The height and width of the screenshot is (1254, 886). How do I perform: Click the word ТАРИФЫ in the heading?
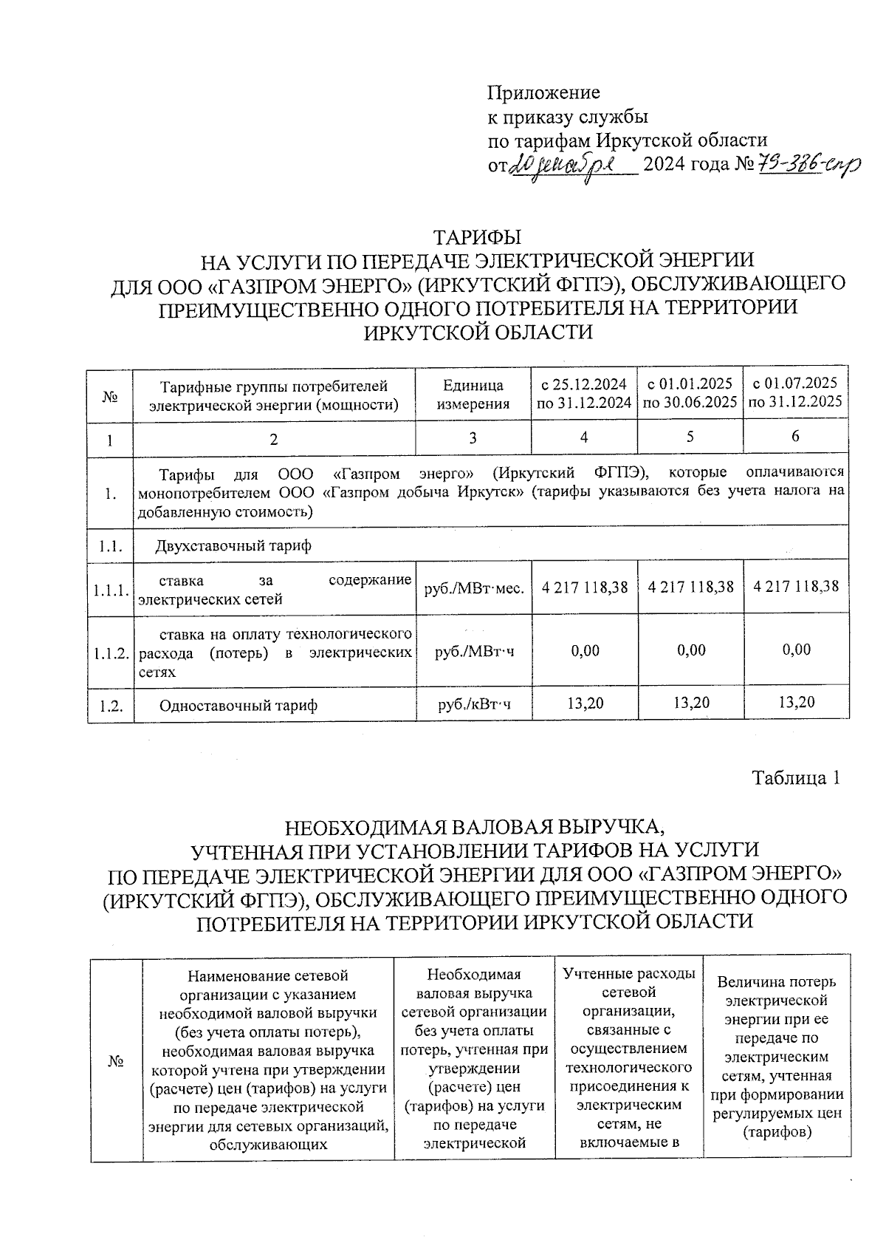click(476, 238)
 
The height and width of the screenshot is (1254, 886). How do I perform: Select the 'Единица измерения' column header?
click(473, 395)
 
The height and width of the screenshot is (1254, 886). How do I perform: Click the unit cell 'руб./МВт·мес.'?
click(473, 589)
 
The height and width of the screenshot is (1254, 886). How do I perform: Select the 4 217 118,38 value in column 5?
click(690, 587)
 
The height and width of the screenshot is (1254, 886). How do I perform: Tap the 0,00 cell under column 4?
click(584, 650)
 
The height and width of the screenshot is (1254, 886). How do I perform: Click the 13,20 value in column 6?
click(796, 703)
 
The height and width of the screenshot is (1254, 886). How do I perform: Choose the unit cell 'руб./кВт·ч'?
click(473, 706)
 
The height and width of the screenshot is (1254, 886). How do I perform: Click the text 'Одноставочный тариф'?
click(238, 706)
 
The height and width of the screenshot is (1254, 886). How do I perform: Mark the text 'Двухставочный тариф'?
click(233, 546)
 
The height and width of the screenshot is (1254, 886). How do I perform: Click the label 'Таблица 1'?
click(795, 778)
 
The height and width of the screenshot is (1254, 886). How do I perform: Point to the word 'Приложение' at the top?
click(543, 93)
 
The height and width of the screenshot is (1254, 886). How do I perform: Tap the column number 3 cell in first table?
click(473, 437)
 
